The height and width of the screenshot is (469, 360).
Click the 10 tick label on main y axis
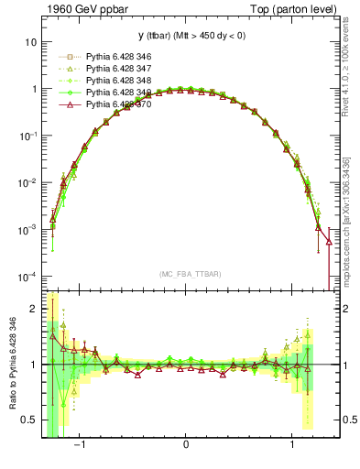click(29, 42)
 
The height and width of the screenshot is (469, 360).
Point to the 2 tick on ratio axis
click(32, 309)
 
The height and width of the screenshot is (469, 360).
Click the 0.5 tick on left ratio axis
click(28, 420)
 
